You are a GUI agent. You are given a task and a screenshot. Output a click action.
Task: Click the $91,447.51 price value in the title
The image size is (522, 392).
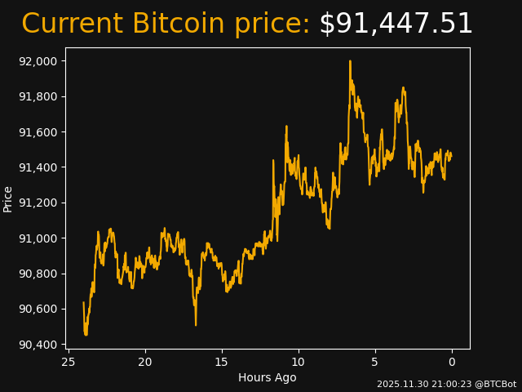tap(396, 24)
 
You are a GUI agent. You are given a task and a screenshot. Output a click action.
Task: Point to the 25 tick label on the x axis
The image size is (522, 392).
tap(69, 362)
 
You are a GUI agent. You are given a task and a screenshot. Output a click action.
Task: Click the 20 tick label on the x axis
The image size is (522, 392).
tap(145, 362)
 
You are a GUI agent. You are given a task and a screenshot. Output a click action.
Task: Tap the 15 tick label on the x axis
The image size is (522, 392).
tap(222, 362)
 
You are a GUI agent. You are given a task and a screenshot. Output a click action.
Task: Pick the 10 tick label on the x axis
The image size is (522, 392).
tap(299, 362)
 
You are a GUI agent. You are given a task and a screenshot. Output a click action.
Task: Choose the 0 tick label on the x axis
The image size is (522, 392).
tap(452, 362)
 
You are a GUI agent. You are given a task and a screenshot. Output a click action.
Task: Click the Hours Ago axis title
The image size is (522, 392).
tap(268, 377)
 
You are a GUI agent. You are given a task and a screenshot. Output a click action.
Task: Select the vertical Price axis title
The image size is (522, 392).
tap(8, 198)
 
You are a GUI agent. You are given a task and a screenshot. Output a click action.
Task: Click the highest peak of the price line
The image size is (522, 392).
tap(350, 61)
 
